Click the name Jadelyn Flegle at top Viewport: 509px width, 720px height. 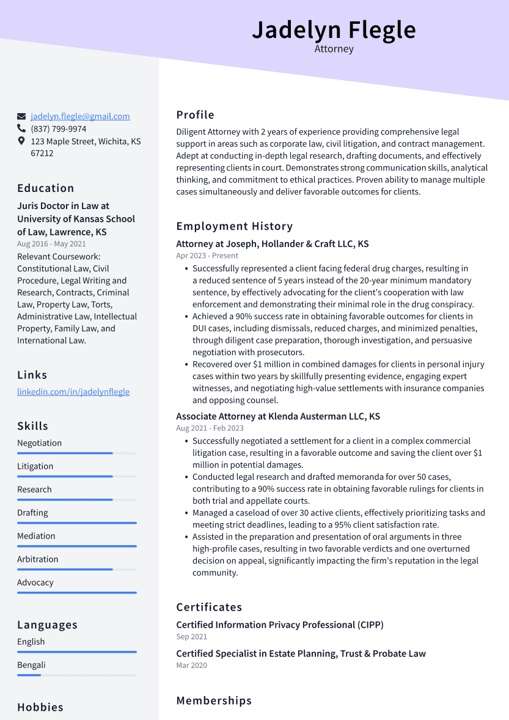(x=334, y=29)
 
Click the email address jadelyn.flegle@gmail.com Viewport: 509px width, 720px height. (x=80, y=116)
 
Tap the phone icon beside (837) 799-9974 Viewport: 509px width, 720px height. (x=21, y=129)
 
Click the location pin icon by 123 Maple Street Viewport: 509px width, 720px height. (x=21, y=141)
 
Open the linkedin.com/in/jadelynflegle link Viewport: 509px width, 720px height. (x=73, y=392)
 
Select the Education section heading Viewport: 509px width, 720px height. (x=46, y=188)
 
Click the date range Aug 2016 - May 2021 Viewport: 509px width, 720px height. (x=51, y=244)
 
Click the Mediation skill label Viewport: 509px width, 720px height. (x=36, y=536)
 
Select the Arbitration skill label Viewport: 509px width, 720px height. (x=38, y=559)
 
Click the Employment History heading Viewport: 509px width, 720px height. (x=235, y=226)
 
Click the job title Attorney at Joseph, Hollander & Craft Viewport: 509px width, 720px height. (x=273, y=244)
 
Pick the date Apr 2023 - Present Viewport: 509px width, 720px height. (x=207, y=255)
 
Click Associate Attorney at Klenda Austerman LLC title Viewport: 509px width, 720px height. (x=278, y=416)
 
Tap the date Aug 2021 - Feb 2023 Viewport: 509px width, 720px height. (x=210, y=428)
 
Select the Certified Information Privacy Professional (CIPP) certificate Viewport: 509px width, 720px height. (x=280, y=625)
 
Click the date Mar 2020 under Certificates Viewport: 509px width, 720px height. (x=192, y=665)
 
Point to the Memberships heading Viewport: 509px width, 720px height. (x=214, y=700)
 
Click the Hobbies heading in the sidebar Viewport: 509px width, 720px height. (x=40, y=707)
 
